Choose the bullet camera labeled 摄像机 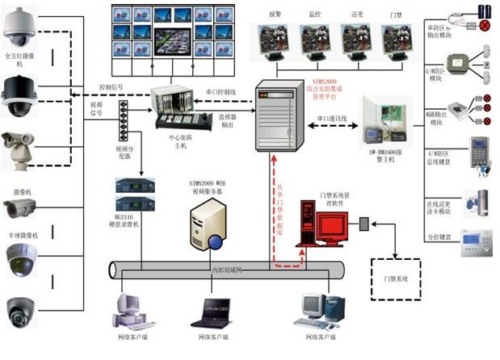21,211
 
